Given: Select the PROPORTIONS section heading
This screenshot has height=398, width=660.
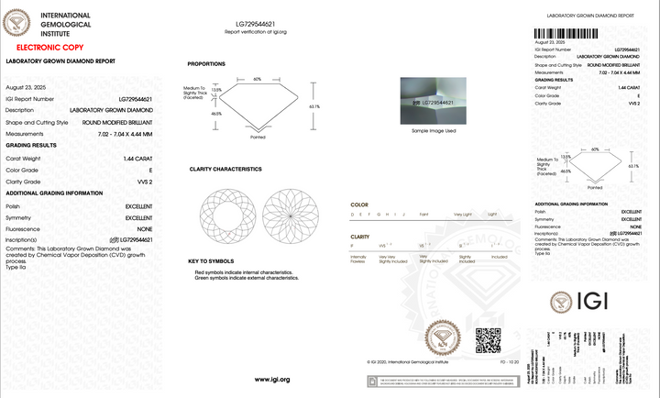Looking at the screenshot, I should pos(208,64).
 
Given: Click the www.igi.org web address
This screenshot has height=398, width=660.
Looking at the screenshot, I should pos(271,379).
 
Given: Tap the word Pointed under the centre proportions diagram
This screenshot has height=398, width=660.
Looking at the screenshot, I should pos(258,137).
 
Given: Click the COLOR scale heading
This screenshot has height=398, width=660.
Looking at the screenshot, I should pos(360,204).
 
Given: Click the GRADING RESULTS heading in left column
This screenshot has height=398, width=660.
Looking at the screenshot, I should pos(33,145).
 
